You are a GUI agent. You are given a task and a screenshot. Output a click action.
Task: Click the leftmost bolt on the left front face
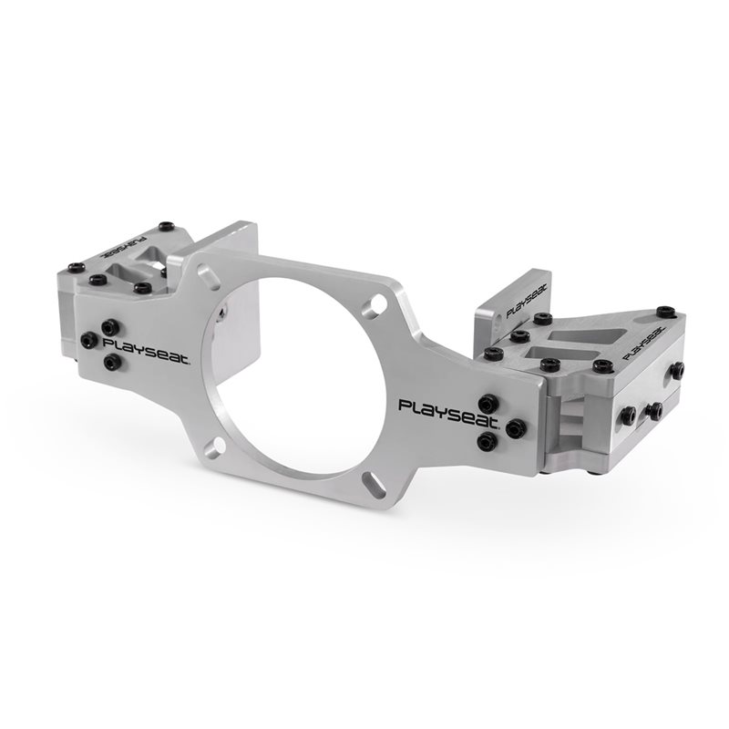87,340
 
